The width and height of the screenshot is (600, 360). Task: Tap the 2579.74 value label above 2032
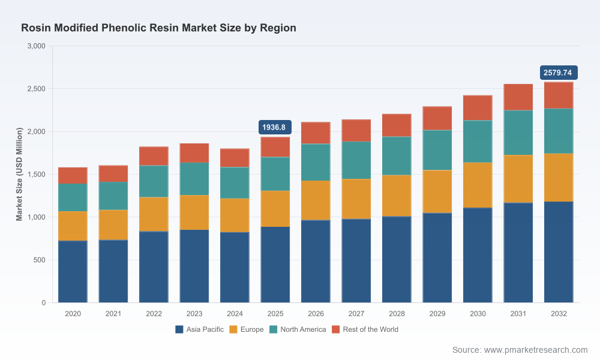pos(559,73)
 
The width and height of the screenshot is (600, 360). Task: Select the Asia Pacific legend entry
pos(199,329)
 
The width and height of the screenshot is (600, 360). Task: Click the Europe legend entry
pos(247,329)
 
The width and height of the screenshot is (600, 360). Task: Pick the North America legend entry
pos(298,329)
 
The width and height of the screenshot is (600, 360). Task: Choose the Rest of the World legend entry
pos(365,329)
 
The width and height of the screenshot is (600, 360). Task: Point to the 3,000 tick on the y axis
pos(37,46)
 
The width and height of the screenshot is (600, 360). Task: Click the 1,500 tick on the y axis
pos(37,175)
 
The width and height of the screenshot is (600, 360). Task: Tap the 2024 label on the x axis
pos(235,314)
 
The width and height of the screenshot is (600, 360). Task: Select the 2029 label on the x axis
pos(437,314)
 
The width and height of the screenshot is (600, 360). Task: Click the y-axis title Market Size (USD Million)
pos(19,174)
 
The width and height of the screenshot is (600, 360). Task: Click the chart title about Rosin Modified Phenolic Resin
pos(158,28)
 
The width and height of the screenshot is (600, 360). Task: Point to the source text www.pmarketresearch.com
pos(536,350)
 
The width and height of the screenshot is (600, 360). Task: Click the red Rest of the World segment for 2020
pos(73,176)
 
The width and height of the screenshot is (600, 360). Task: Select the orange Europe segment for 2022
pos(154,214)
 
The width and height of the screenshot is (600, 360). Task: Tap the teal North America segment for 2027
pos(356,160)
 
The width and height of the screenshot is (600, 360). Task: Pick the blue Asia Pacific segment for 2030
pos(478,255)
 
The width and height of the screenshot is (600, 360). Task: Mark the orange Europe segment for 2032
pos(559,178)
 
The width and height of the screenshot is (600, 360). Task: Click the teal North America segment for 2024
pos(235,183)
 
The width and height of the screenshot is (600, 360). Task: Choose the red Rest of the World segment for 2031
pos(518,97)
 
